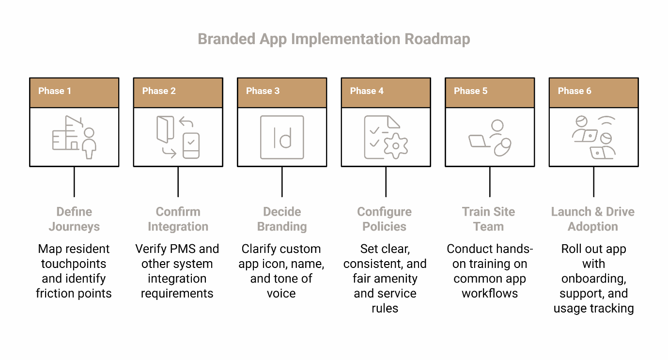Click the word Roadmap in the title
pyautogui.click(x=437, y=39)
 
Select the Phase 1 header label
pyautogui.click(x=55, y=91)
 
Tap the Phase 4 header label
pyautogui.click(x=367, y=91)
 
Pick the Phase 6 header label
pyautogui.click(x=575, y=91)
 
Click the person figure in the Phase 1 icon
pyautogui.click(x=89, y=143)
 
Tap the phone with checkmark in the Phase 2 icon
pyautogui.click(x=191, y=145)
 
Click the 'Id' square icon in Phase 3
pyautogui.click(x=282, y=137)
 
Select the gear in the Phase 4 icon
pyautogui.click(x=395, y=145)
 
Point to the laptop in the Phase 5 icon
pyautogui.click(x=480, y=141)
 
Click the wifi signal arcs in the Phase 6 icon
pyautogui.click(x=605, y=121)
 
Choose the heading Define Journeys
pyautogui.click(x=74, y=219)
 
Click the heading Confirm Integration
pyautogui.click(x=178, y=219)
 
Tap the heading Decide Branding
pyautogui.click(x=282, y=219)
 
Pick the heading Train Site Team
pyautogui.click(x=489, y=219)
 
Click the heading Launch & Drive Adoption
pyautogui.click(x=593, y=219)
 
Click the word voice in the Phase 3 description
pyautogui.click(x=281, y=293)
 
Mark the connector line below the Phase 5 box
pyautogui.click(x=490, y=182)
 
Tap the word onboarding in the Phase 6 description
pyautogui.click(x=593, y=279)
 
